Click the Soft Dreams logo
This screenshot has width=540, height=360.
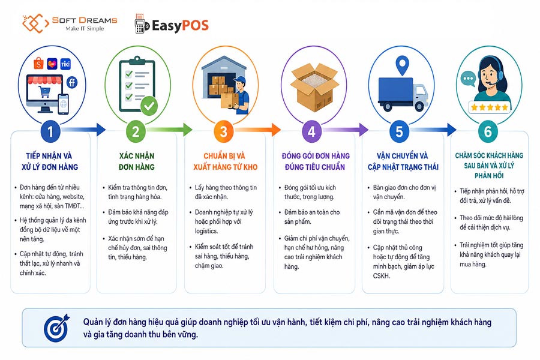pyautogui.click(x=70, y=23)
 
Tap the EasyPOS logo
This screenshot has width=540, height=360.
pyautogui.click(x=172, y=25)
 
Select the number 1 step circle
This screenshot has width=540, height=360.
pyautogui.click(x=50, y=131)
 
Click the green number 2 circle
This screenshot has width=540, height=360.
pyautogui.click(x=136, y=131)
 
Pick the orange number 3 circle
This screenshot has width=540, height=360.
pyautogui.click(x=224, y=131)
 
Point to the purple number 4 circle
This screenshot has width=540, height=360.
pyautogui.click(x=311, y=131)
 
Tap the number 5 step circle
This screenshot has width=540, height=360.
pyautogui.click(x=400, y=131)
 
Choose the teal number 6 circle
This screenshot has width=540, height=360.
pyautogui.click(x=488, y=131)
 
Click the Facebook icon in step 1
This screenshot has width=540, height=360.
pyautogui.click(x=71, y=83)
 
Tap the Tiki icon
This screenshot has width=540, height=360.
pyautogui.click(x=65, y=64)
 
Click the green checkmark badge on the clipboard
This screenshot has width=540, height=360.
pyautogui.click(x=149, y=106)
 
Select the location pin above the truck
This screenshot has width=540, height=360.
pyautogui.click(x=402, y=66)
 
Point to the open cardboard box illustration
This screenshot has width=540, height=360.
pyautogui.click(x=314, y=87)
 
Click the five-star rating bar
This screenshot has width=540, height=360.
pyautogui.click(x=490, y=107)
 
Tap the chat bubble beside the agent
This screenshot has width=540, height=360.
pyautogui.click(x=469, y=79)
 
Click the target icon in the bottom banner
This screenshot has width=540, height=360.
pyautogui.click(x=57, y=328)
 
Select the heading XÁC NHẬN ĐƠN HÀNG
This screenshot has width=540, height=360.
pyautogui.click(x=137, y=161)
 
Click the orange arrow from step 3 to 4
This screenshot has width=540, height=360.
pyautogui.click(x=257, y=130)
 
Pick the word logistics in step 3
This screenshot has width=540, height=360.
pyautogui.click(x=206, y=231)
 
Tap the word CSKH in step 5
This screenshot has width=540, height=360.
pyautogui.click(x=381, y=276)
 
